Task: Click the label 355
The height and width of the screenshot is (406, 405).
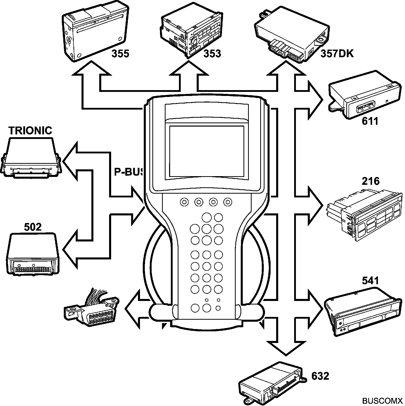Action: pos(120,54)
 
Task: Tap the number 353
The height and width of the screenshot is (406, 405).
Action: pos(212,54)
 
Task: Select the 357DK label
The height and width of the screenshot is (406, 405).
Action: pos(337,54)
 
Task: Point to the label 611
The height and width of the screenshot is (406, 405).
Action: pos(370,121)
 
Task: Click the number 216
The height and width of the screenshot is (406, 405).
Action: pos(371,181)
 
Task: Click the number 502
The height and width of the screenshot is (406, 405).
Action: pos(33,227)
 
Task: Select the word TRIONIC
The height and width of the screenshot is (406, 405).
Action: pos(30,131)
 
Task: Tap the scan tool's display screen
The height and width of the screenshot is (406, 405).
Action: pos(207,151)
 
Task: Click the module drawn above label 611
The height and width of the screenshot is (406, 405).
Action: pos(364,97)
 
